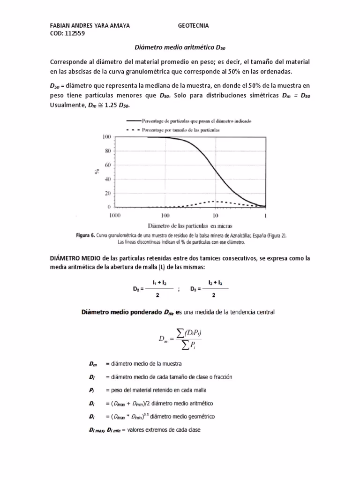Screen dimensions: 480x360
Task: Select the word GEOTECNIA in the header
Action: (x=194, y=25)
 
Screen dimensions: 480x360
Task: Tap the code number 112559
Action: (x=73, y=33)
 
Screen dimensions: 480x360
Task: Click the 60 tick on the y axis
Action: (x=107, y=165)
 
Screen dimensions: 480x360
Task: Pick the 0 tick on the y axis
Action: (x=109, y=207)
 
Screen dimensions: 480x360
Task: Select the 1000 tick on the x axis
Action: (x=115, y=216)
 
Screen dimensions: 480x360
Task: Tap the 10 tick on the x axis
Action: (x=216, y=216)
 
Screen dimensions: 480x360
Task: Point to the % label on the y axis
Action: (x=97, y=172)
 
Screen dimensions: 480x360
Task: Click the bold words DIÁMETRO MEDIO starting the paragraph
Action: (x=75, y=259)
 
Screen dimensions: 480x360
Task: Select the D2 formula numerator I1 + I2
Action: (x=159, y=284)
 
